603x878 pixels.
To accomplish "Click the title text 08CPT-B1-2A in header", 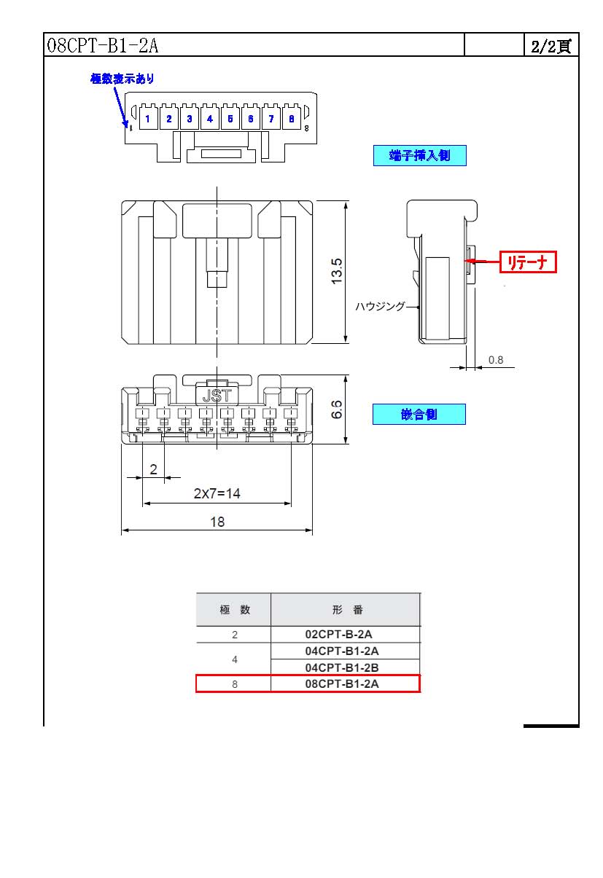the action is point(102,45).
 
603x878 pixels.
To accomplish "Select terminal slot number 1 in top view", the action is point(148,119).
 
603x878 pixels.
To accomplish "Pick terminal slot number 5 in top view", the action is point(230,119).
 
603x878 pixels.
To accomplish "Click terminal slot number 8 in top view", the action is point(292,119).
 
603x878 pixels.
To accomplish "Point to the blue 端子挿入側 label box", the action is point(420,156).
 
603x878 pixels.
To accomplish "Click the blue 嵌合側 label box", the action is point(419,415).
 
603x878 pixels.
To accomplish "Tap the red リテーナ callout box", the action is point(528,262).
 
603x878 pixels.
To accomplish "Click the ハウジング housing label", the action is point(380,306).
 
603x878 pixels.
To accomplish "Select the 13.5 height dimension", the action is point(337,271).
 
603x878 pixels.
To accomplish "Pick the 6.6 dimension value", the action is point(337,409).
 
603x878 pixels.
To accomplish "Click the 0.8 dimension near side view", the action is point(496,360).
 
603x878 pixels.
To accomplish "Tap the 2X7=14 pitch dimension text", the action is point(217,493).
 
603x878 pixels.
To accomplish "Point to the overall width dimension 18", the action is point(217,522).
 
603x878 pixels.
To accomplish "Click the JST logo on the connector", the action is point(217,396).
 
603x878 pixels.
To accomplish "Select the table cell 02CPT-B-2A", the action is point(338,634).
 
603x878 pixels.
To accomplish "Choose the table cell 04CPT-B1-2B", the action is point(342,667).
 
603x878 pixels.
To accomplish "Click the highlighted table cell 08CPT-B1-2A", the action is point(342,684).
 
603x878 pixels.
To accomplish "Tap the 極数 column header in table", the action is point(235,610).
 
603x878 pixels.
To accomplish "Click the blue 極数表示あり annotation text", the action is point(122,79).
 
